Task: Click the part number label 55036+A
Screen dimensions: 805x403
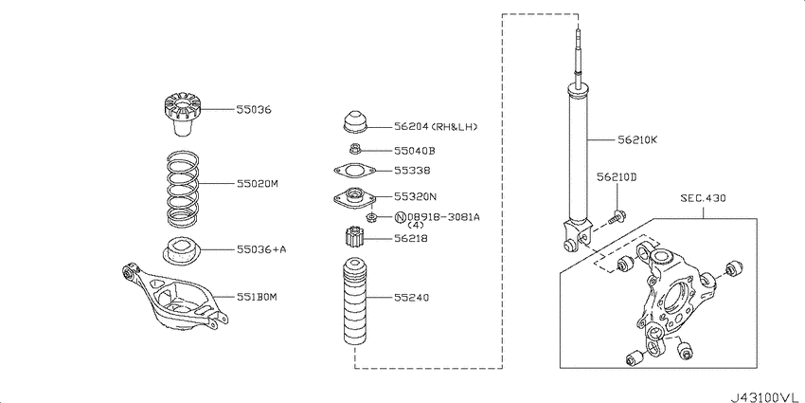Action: pyautogui.click(x=261, y=249)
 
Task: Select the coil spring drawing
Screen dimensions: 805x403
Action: pyautogui.click(x=184, y=189)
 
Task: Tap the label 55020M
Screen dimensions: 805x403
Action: pyautogui.click(x=258, y=184)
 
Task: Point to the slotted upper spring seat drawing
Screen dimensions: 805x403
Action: pyautogui.click(x=182, y=114)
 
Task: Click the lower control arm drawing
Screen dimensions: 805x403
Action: pyautogui.click(x=175, y=298)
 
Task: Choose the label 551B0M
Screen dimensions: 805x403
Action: pyautogui.click(x=257, y=297)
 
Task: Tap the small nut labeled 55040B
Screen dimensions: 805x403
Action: pyautogui.click(x=354, y=150)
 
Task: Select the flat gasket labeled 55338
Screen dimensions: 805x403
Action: pyautogui.click(x=354, y=170)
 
